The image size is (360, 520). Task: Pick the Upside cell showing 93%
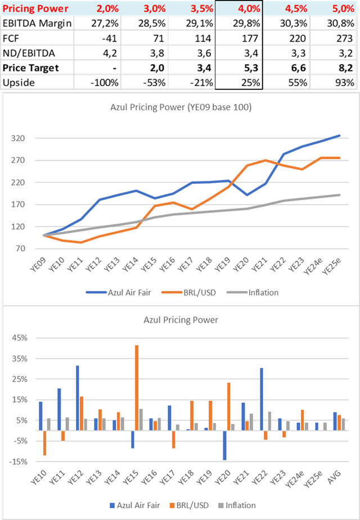[343, 82]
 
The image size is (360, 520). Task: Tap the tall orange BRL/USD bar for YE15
[136, 388]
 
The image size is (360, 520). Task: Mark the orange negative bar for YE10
[45, 443]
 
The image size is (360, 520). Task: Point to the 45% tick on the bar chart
[26, 338]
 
